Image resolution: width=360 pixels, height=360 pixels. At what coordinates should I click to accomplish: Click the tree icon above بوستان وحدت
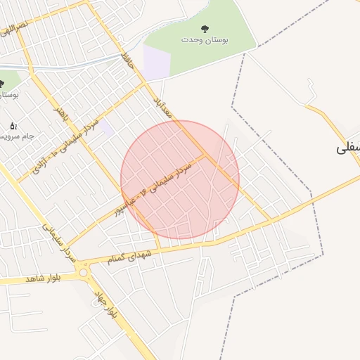pos(205,29)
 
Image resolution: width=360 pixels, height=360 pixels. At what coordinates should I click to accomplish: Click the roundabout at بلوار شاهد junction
pos(83,272)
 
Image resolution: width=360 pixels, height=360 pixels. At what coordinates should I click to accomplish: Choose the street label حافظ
pos(126,58)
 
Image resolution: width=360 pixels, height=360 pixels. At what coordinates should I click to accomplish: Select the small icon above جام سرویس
pos(13,125)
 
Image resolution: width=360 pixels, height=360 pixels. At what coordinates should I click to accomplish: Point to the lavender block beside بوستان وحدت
pos(157,62)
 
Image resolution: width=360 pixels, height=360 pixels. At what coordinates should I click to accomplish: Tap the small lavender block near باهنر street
pos(105,127)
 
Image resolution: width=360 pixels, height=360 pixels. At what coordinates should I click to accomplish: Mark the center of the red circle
pos(180,179)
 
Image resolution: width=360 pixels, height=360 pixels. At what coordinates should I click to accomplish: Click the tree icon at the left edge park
pos(2,83)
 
